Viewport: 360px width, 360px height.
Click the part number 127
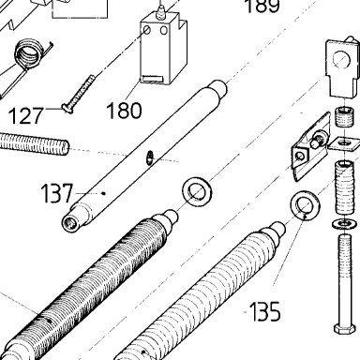(x=25, y=116)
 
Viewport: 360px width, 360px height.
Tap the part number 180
(x=124, y=111)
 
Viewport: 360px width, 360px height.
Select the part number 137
(x=57, y=193)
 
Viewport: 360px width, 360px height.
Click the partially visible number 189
(x=262, y=7)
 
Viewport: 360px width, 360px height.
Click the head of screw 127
(x=67, y=108)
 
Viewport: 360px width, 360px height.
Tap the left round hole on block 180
(x=147, y=31)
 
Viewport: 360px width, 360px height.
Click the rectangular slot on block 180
(x=151, y=79)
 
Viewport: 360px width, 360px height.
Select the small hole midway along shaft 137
(x=150, y=157)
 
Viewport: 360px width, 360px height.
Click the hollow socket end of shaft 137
(x=70, y=224)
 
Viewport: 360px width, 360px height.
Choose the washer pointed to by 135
(x=306, y=205)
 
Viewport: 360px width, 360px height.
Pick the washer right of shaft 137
(x=197, y=191)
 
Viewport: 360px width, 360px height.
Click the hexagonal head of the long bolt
(x=344, y=329)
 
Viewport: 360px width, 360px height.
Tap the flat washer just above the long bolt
(x=344, y=223)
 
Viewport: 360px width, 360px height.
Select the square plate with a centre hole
(x=344, y=143)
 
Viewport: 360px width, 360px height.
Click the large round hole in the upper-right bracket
(x=340, y=61)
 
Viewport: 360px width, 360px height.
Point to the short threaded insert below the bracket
(x=343, y=116)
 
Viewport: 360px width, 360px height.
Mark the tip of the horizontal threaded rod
(x=67, y=147)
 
